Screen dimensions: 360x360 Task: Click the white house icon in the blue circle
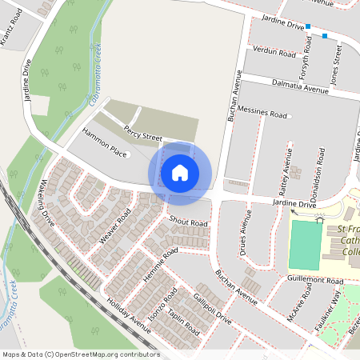180,172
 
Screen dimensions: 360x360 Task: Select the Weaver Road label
114,226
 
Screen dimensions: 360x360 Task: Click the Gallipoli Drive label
212,310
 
